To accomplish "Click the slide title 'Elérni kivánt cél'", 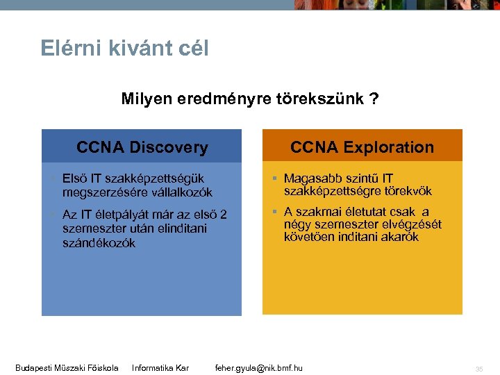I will coord(124,49).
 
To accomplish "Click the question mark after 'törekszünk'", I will coord(374,99).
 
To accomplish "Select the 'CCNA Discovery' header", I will coord(142,147).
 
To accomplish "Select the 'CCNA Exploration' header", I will coord(362,147).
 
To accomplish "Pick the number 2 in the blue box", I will coord(223,215).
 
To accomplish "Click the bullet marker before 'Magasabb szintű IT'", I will coord(275,179).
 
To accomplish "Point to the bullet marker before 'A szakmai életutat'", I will coord(275,212).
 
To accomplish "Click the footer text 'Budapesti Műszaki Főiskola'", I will coord(67,367).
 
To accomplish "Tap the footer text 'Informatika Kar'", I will coord(160,367).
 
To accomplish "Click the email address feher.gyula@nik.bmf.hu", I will coord(259,367).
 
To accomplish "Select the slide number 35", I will coord(479,369).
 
